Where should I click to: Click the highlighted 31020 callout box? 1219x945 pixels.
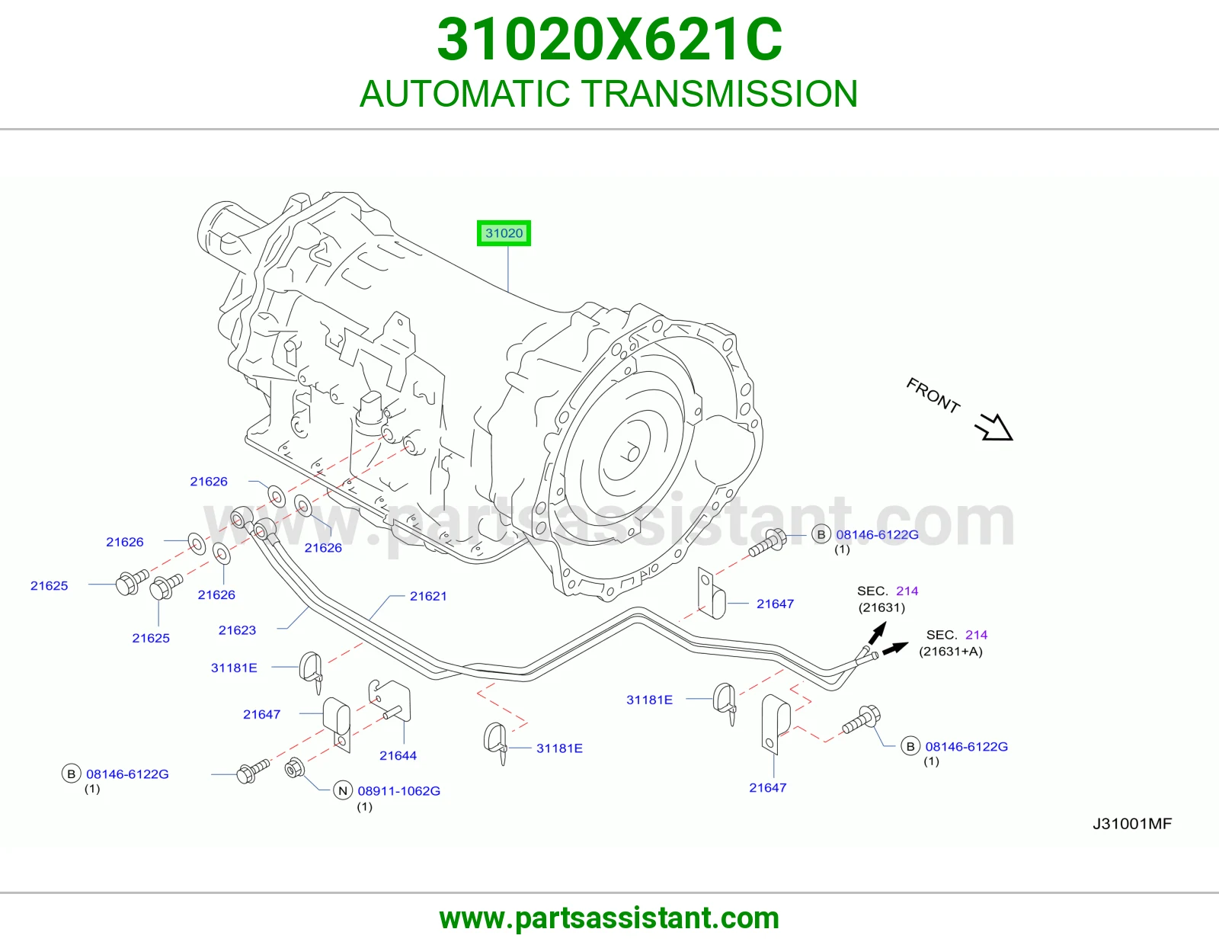pyautogui.click(x=504, y=233)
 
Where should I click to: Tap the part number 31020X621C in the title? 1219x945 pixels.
pyautogui.click(x=609, y=40)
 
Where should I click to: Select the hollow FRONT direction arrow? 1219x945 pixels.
pyautogui.click(x=994, y=428)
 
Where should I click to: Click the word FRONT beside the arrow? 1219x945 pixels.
pyautogui.click(x=933, y=396)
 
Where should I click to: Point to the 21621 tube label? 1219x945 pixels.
pyautogui.click(x=428, y=596)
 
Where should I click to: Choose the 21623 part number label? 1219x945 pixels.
pyautogui.click(x=237, y=630)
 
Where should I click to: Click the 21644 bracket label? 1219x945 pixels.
pyautogui.click(x=398, y=755)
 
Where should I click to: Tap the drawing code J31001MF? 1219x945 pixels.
pyautogui.click(x=1132, y=824)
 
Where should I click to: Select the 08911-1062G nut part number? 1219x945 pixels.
pyautogui.click(x=399, y=791)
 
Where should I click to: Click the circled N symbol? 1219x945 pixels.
pyautogui.click(x=343, y=791)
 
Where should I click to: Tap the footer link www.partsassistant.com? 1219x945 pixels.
pyautogui.click(x=609, y=918)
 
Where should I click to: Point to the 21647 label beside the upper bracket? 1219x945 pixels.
pyautogui.click(x=775, y=604)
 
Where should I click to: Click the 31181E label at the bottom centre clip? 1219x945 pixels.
pyautogui.click(x=559, y=748)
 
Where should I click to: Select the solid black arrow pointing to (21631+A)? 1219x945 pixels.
pyautogui.click(x=895, y=648)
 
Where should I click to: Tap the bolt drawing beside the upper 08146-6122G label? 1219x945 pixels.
pyautogui.click(x=768, y=543)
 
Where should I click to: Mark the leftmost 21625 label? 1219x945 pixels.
pyautogui.click(x=49, y=586)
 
